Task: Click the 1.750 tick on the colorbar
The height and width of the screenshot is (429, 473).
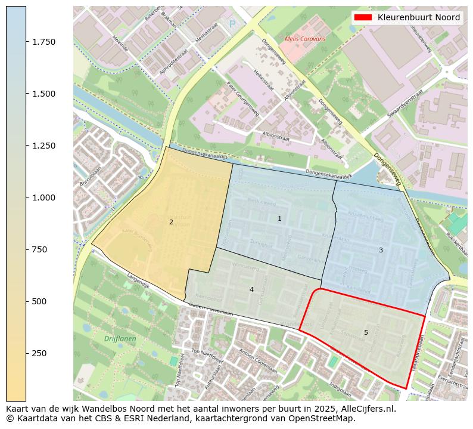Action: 26,42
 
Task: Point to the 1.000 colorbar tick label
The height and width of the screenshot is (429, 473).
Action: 43,197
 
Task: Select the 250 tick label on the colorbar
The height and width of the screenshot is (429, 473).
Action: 39,353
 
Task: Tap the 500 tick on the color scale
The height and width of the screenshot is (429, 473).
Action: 26,301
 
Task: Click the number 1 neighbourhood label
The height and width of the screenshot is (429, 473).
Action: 279,219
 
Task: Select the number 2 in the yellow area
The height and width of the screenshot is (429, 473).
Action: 171,222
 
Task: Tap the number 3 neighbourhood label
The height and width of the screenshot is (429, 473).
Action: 381,250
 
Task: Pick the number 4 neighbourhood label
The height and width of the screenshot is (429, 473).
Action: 251,289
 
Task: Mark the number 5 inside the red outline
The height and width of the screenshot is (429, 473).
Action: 366,332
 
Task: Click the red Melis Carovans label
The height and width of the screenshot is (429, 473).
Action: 305,39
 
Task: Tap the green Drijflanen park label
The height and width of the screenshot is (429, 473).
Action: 120,339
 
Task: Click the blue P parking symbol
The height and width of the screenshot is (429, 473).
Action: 232,24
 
